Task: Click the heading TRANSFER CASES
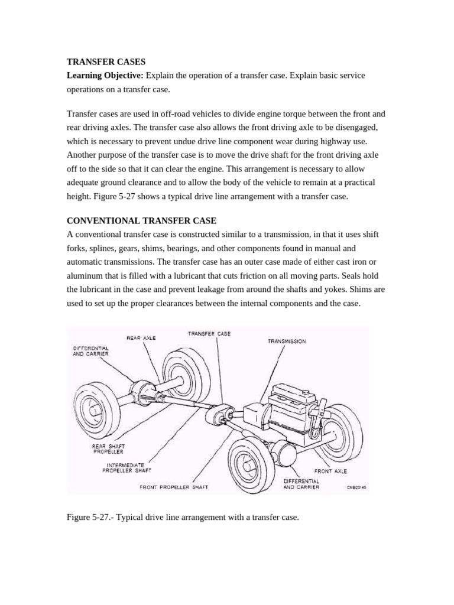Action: coord(106,61)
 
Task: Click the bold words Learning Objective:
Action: coord(105,76)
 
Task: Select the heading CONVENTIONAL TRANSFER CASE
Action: coord(142,220)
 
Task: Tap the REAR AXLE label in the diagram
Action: coord(141,338)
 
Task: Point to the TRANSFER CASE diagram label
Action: coord(209,334)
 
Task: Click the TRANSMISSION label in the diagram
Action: coord(287,341)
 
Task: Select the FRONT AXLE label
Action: coord(330,471)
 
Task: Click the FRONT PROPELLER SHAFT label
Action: coord(174,487)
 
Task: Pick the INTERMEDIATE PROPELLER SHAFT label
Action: coord(127,468)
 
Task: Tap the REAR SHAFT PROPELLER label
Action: coord(108,449)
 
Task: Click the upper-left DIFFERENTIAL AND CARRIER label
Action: coord(90,351)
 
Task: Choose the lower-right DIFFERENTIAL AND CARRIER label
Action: coord(301,484)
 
